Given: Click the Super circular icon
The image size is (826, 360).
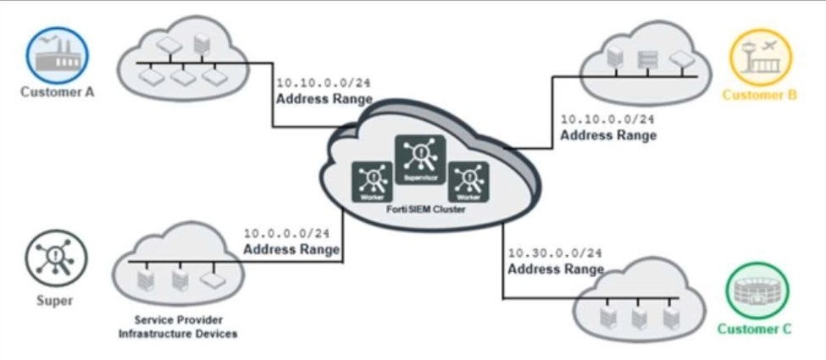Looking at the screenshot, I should tap(56, 258).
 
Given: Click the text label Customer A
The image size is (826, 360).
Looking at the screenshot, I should tap(57, 92).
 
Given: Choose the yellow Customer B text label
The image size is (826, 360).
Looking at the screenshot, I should tap(759, 95).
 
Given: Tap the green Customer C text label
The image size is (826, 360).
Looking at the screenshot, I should tap(754, 330).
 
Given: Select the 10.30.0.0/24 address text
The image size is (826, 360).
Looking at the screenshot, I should tap(555, 253).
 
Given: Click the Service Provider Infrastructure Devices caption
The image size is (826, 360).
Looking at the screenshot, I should tap(177, 327).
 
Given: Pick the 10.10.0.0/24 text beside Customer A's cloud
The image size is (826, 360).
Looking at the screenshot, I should tap(324, 83).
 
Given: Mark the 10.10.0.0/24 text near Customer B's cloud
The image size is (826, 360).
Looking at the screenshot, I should tap(607, 119).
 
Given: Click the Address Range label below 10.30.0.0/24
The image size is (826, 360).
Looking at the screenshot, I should tap(555, 269).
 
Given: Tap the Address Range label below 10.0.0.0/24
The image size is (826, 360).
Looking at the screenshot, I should tap(291, 250).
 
